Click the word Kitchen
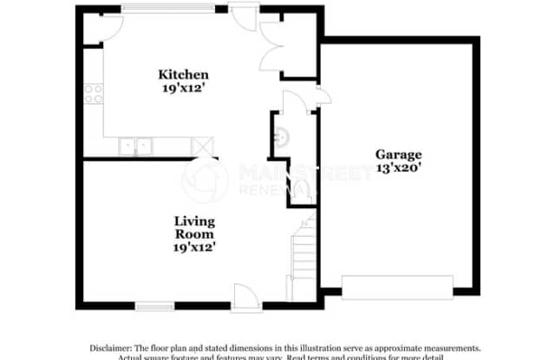(183, 74)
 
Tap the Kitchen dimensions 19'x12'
(183, 88)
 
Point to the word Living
(193, 219)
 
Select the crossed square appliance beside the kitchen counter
(203, 146)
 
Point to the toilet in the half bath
(299, 192)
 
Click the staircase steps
(302, 256)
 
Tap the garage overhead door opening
(397, 286)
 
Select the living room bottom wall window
(154, 304)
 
